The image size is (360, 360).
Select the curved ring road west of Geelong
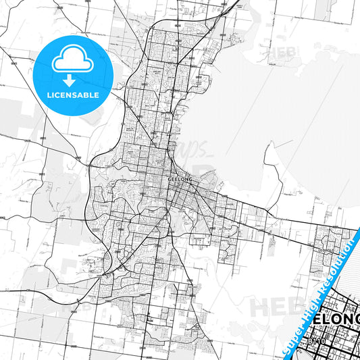(x=91, y=196)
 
